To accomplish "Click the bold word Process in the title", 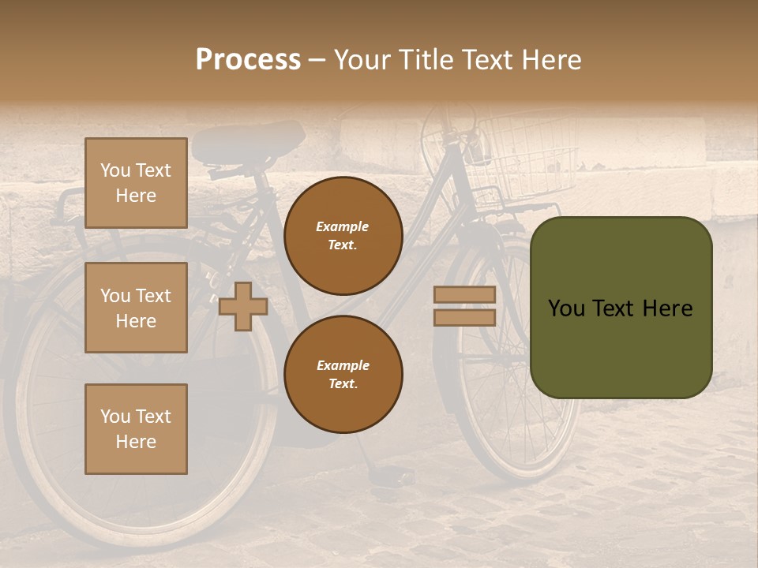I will tap(248, 60).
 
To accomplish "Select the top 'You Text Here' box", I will tap(136, 183).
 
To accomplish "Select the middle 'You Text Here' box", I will tap(136, 308).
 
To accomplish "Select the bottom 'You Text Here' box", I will tap(136, 429).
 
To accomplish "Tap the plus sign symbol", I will tap(243, 306).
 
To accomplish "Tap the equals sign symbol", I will tap(464, 306).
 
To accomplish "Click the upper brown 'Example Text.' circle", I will tap(343, 236).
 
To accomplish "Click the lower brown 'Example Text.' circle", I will tap(343, 375).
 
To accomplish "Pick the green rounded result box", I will tap(621, 308).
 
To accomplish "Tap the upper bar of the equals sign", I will tap(464, 295).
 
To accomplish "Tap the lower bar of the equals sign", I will tap(464, 317).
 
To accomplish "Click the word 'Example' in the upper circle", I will tap(343, 227).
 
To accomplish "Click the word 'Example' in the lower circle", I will tap(343, 366).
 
